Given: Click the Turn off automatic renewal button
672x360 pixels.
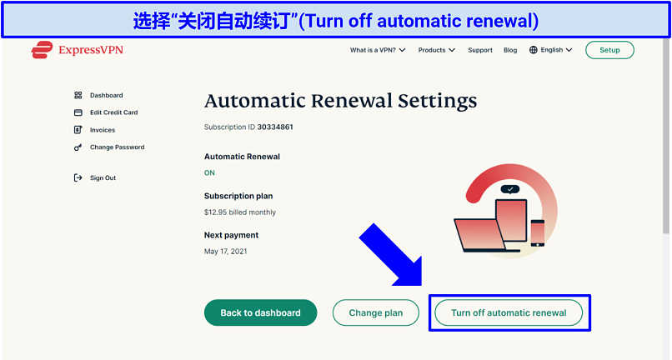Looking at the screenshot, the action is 509,312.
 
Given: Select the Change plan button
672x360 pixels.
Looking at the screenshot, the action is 376,312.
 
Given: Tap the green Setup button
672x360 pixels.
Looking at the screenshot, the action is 609,50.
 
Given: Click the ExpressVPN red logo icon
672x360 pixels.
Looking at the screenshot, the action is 42,50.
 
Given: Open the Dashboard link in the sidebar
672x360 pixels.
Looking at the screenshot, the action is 106,95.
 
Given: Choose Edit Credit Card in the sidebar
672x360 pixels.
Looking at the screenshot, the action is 113,112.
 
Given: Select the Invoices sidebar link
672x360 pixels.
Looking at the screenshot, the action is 103,130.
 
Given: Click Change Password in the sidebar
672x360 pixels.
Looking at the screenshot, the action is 117,147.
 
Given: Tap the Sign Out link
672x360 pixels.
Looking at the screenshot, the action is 103,177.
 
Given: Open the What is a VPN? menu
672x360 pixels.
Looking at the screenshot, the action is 378,50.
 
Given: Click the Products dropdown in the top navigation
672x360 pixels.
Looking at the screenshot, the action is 436,50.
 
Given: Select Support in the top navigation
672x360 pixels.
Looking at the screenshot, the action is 480,50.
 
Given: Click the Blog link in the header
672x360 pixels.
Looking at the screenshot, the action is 510,50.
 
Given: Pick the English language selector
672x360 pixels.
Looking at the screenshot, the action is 551,50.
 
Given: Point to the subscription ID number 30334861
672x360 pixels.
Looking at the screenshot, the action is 275,127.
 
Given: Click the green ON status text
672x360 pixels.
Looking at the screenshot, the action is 209,172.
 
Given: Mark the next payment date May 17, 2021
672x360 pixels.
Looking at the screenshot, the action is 225,252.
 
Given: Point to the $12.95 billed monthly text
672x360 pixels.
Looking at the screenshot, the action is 240,212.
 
